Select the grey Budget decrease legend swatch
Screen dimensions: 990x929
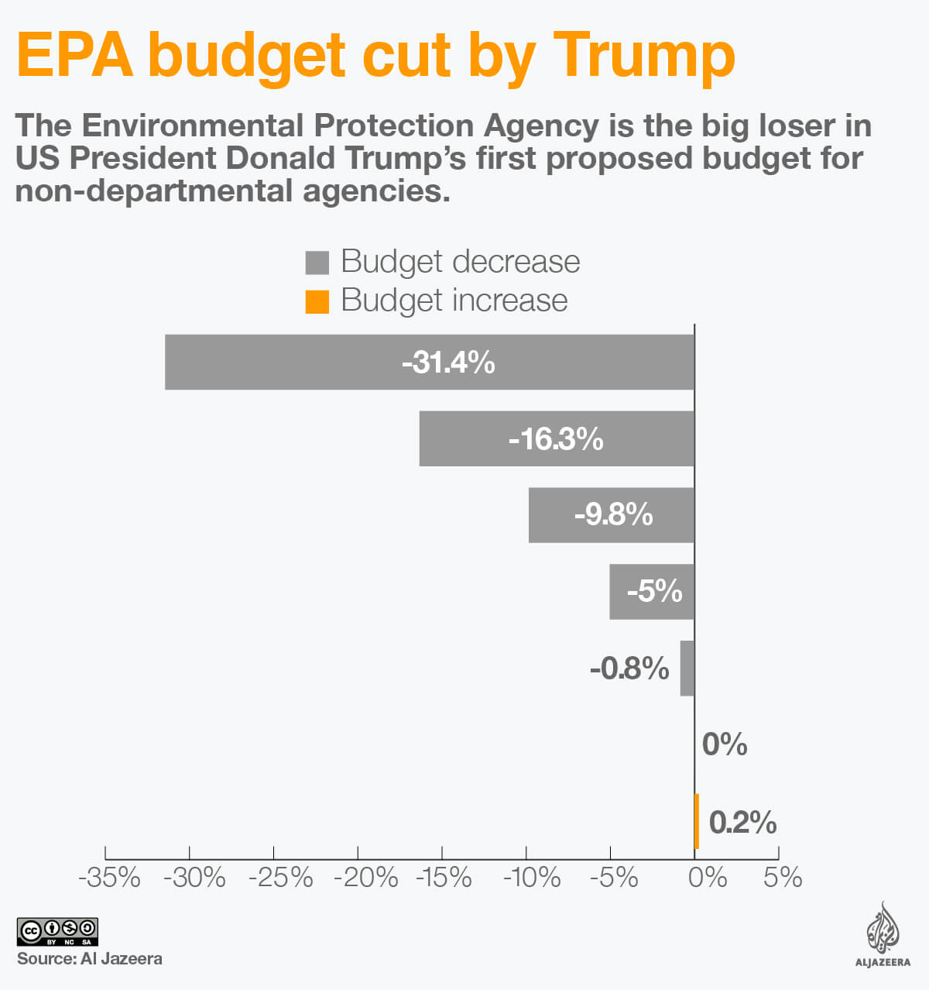(x=317, y=263)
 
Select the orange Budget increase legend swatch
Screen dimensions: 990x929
(x=317, y=301)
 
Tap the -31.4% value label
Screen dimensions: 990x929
(x=448, y=362)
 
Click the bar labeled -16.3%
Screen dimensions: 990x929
(x=557, y=438)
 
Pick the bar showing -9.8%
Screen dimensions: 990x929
(x=612, y=515)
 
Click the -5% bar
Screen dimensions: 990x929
(x=652, y=592)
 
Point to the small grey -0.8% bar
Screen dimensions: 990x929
(x=687, y=668)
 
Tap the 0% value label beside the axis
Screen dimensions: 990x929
(x=724, y=744)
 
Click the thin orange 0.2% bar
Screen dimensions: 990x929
(x=697, y=821)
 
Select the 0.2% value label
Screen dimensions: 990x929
(x=742, y=822)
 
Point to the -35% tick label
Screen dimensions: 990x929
(x=109, y=878)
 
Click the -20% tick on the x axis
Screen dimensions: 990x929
(x=365, y=878)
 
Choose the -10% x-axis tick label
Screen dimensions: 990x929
(x=532, y=878)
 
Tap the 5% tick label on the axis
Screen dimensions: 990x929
(x=782, y=878)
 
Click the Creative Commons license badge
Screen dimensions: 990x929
(x=57, y=931)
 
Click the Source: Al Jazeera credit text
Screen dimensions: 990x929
(x=90, y=959)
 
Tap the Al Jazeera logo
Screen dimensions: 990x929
(x=883, y=935)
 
